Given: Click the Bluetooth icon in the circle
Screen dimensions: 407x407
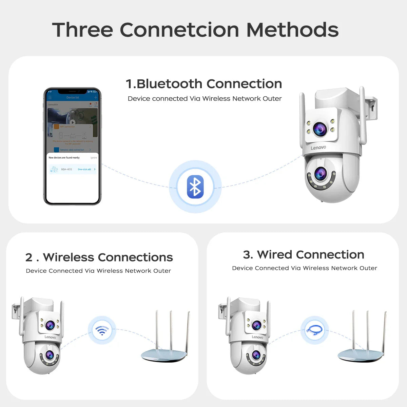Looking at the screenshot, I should coord(195,187).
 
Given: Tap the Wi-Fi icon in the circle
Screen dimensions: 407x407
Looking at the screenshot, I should coord(102,330).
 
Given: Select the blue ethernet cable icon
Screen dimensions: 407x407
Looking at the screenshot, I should coord(314,330).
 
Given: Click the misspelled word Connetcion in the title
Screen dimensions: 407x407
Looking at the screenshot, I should coord(179,30).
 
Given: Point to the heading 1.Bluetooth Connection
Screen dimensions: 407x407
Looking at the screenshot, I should coord(204,84).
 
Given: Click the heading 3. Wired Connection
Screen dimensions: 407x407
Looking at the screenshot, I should coord(304,255).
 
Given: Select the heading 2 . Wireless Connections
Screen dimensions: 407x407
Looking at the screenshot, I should coord(99,257).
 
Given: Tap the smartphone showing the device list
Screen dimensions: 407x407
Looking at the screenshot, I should coord(72,147).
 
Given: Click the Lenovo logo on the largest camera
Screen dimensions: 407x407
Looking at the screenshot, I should coord(318,148).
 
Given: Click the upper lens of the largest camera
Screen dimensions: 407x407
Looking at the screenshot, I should coord(319,129).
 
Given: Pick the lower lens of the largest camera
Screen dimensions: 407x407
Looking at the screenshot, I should coord(320,174).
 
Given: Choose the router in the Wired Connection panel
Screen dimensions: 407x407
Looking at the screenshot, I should coord(361,346).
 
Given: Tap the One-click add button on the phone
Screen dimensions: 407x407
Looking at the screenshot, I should coord(84,169).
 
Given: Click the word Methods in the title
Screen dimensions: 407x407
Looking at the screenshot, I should coord(292,30).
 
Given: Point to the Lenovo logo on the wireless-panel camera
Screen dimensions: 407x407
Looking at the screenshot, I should coord(50,337).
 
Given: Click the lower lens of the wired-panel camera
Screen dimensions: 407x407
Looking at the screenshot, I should coord(256,355).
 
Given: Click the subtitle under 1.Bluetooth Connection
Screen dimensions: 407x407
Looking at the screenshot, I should coord(205,99).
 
